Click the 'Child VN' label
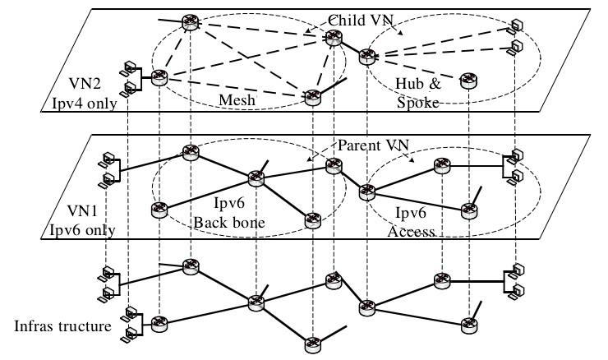click(361, 21)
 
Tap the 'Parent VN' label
click(373, 145)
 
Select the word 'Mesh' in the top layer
click(237, 100)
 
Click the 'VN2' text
click(85, 83)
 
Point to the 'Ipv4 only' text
click(84, 104)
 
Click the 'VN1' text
click(82, 210)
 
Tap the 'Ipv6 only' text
click(82, 230)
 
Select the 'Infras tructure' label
click(62, 325)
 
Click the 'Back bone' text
click(229, 223)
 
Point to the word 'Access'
click(411, 232)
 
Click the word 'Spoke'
click(418, 103)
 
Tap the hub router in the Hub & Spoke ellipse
click(366, 57)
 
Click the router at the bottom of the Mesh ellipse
click(312, 97)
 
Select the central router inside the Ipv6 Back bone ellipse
click(256, 178)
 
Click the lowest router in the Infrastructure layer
click(312, 345)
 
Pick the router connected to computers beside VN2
click(159, 77)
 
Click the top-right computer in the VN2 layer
click(516, 25)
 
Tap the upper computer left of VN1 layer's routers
click(108, 159)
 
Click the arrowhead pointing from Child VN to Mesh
click(307, 31)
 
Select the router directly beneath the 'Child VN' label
click(334, 38)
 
